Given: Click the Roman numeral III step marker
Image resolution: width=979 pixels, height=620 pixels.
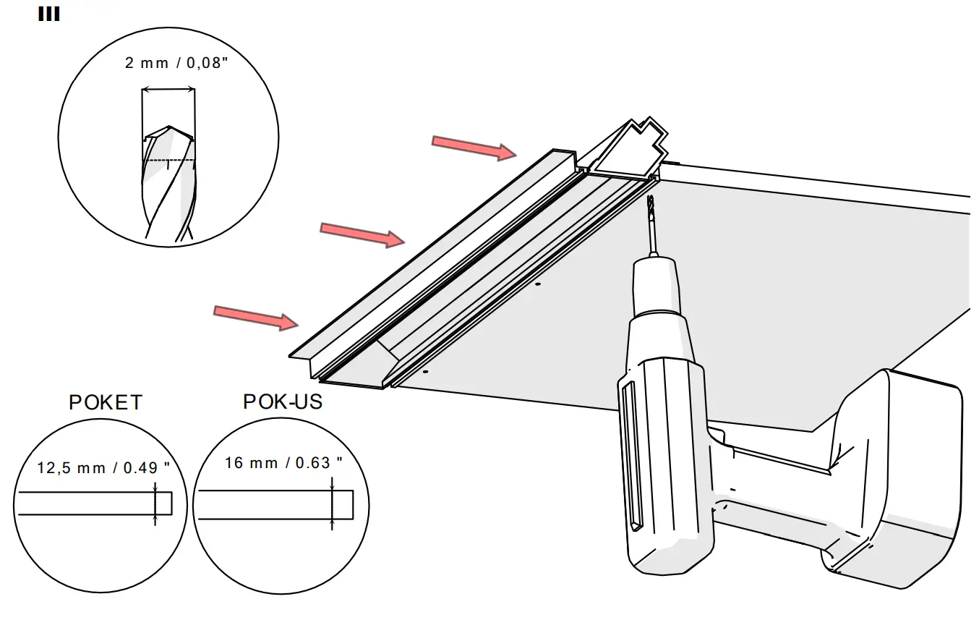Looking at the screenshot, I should coord(48,14).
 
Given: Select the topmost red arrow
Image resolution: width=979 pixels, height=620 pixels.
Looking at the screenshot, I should coord(473,147).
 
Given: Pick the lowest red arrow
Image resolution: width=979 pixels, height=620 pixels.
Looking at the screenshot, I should coord(256,317).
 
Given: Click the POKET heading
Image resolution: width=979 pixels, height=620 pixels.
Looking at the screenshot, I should coord(106,402).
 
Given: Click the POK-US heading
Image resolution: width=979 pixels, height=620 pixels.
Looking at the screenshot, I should coord(283,402).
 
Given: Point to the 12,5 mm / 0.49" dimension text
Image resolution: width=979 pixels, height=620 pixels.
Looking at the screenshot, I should coord(103,468).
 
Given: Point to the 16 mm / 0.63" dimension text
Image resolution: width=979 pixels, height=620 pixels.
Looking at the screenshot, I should coord(283,463).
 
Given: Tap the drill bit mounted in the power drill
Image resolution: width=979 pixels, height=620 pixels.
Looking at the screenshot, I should coord(652,224).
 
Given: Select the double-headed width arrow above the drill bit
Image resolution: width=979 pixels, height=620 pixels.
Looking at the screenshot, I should coord(168,90).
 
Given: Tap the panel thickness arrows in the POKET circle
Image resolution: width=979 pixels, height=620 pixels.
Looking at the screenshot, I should coord(155,504).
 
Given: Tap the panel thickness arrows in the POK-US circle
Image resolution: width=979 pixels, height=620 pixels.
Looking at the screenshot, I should coord(332,505).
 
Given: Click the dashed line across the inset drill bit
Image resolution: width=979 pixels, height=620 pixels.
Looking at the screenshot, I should coord(170,159).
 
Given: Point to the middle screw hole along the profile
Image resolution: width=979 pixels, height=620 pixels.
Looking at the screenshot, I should coord(537,285).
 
